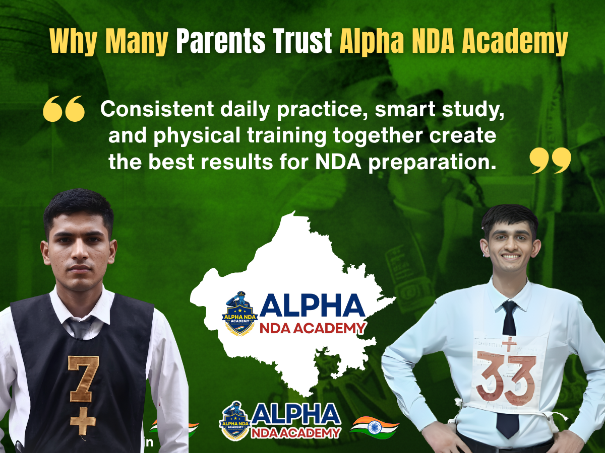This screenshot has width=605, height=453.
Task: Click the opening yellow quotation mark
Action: (64, 109)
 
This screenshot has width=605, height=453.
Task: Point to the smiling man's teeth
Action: (511, 256)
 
